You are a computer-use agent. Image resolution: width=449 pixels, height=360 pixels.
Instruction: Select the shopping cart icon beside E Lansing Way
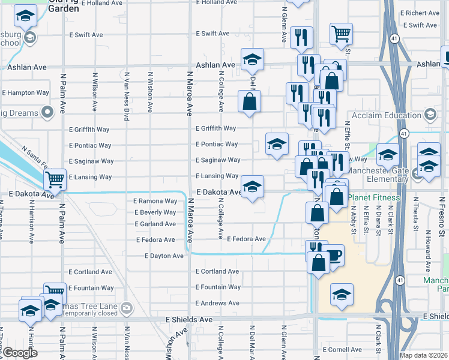[x=55, y=178]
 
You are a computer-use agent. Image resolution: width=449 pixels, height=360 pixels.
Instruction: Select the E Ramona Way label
[x=155, y=201]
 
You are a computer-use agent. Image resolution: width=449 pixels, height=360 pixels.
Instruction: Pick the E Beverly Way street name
[x=155, y=212]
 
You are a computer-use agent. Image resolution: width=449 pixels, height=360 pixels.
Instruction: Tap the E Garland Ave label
[x=155, y=224]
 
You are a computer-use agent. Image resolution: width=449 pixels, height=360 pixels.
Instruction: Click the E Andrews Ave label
[x=218, y=303]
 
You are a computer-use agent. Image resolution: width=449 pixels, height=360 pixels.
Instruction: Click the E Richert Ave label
[x=423, y=13]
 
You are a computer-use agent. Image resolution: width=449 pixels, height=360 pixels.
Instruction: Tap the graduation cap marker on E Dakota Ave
[x=252, y=187]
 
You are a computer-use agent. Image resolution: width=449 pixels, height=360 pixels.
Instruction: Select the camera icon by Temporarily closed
[x=126, y=308]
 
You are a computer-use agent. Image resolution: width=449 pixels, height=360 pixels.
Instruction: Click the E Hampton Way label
[x=26, y=93]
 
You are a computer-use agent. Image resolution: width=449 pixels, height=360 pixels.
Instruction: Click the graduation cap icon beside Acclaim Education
[x=430, y=114]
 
